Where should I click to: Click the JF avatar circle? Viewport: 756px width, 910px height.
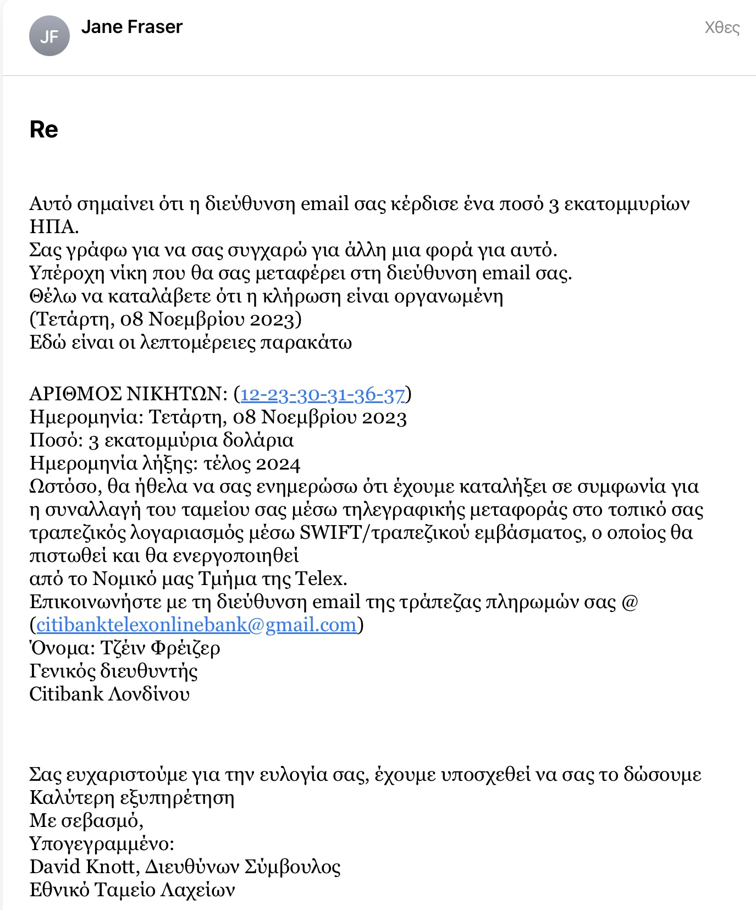click(49, 36)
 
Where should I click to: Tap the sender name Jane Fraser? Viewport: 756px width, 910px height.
click(131, 27)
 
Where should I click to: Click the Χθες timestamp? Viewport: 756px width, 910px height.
click(722, 27)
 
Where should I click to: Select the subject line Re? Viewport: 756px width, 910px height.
click(43, 130)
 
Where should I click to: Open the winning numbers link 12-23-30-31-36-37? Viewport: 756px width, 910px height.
click(323, 394)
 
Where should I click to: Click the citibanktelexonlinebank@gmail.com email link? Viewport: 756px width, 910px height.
click(197, 625)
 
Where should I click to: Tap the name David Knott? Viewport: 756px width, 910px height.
click(82, 867)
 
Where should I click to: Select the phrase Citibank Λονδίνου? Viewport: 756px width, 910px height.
click(109, 694)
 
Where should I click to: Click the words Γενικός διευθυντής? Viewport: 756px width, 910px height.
click(113, 671)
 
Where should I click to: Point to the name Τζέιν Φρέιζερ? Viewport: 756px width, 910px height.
click(160, 648)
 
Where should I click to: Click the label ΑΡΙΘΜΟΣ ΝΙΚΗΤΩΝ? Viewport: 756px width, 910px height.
click(128, 394)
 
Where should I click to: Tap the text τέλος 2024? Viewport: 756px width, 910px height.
click(252, 464)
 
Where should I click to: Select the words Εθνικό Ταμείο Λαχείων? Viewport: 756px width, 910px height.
click(132, 890)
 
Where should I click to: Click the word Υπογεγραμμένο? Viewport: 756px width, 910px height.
click(102, 844)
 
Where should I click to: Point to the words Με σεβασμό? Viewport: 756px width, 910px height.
click(86, 821)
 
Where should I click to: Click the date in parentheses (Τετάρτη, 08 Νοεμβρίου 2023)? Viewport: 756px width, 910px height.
click(165, 319)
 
